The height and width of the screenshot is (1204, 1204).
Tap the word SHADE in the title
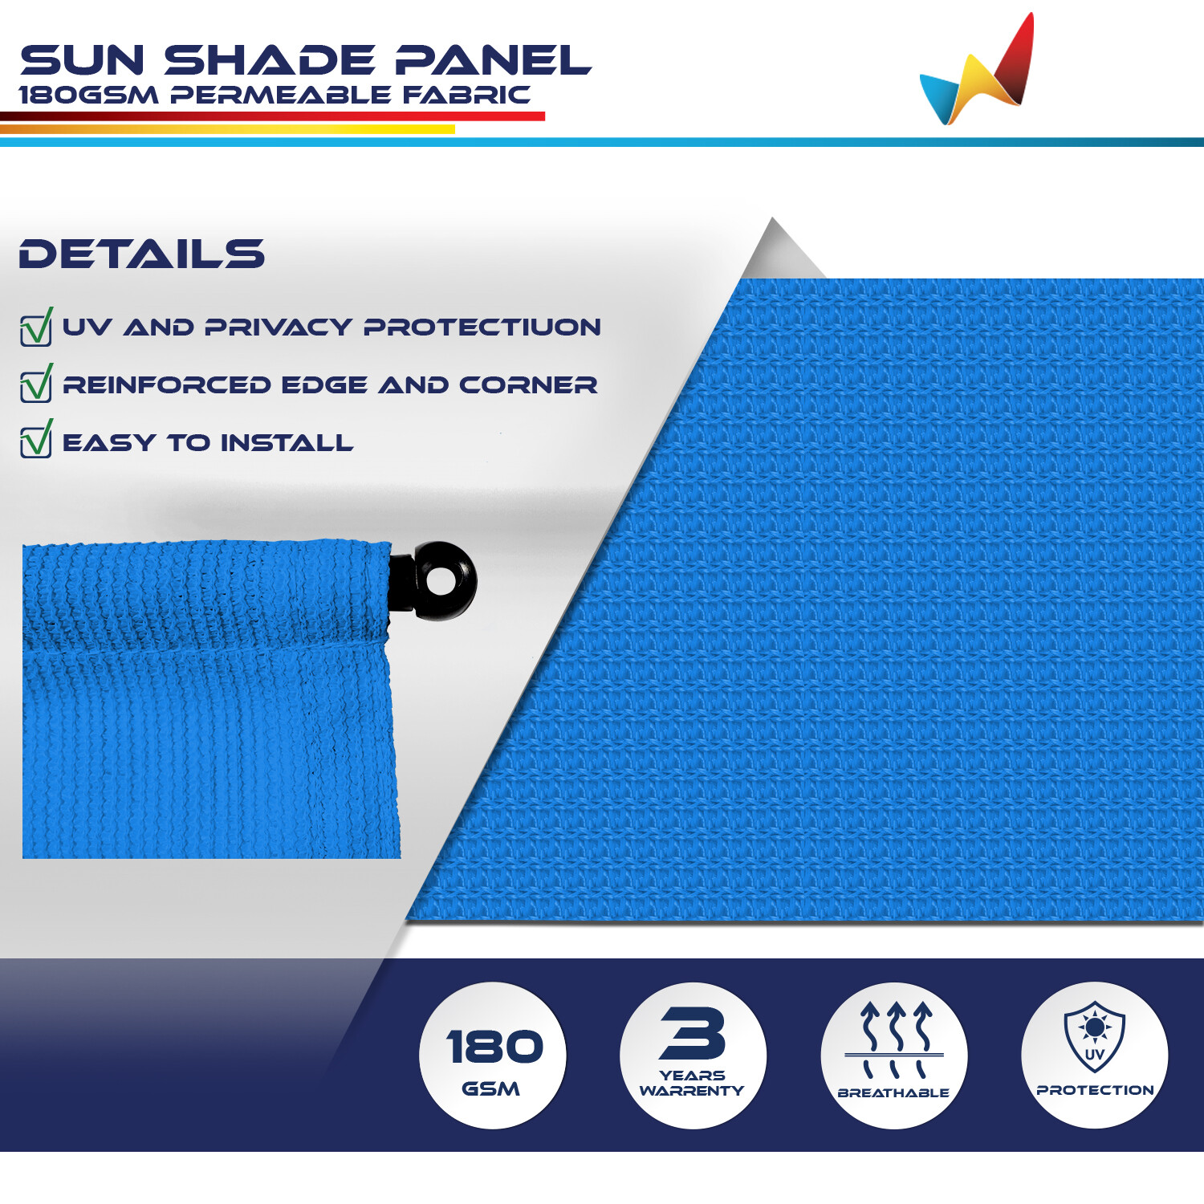click(x=270, y=61)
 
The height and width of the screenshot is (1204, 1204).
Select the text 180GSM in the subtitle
click(x=88, y=95)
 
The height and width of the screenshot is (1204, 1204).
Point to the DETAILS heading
click(x=141, y=254)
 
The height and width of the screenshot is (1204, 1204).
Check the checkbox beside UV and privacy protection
click(x=36, y=327)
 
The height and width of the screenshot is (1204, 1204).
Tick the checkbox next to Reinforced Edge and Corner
click(x=36, y=383)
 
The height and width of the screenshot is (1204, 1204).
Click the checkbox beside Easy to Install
click(x=36, y=439)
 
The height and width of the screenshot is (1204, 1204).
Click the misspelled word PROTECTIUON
click(x=482, y=327)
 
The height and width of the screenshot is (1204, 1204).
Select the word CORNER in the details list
click(x=528, y=385)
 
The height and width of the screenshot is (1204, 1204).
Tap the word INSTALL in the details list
click(x=287, y=443)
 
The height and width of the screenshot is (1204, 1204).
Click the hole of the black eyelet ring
click(x=440, y=581)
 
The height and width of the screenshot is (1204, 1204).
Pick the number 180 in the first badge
click(x=494, y=1047)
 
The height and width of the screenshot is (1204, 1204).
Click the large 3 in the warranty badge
click(x=693, y=1033)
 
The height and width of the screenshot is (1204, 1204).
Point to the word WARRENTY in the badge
click(x=692, y=1091)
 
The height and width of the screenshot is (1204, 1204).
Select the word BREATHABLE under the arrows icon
click(x=893, y=1093)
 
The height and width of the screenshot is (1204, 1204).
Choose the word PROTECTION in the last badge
click(x=1095, y=1090)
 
